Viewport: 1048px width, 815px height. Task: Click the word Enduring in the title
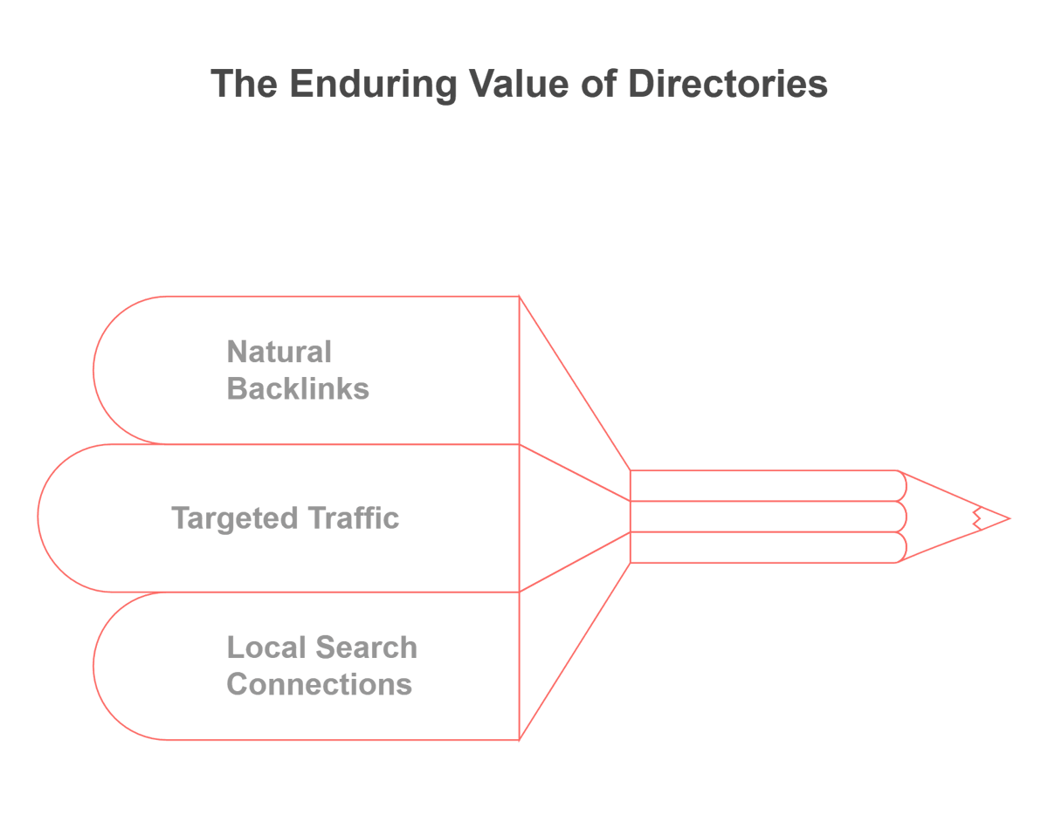pyautogui.click(x=373, y=86)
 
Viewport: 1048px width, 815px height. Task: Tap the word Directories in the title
pyautogui.click(x=727, y=84)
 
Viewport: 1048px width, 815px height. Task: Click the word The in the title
pyautogui.click(x=244, y=84)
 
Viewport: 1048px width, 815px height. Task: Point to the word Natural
pyautogui.click(x=279, y=352)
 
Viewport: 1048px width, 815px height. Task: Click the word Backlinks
pyautogui.click(x=298, y=388)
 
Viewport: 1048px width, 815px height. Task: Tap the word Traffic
pyautogui.click(x=355, y=517)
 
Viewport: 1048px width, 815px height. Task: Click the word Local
pyautogui.click(x=266, y=647)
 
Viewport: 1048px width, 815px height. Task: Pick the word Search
pyautogui.click(x=367, y=647)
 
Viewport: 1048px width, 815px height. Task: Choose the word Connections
pyautogui.click(x=320, y=684)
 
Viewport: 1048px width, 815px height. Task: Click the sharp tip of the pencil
pyautogui.click(x=1010, y=519)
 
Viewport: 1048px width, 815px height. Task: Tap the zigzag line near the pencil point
pyautogui.click(x=977, y=519)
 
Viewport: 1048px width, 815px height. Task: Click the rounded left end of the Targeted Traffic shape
pyautogui.click(x=38, y=517)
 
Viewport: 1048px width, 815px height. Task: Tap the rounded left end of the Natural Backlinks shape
pyautogui.click(x=93, y=370)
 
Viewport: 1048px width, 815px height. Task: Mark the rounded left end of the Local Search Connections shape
pyautogui.click(x=93, y=666)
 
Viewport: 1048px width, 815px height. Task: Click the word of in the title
pyautogui.click(x=599, y=84)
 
